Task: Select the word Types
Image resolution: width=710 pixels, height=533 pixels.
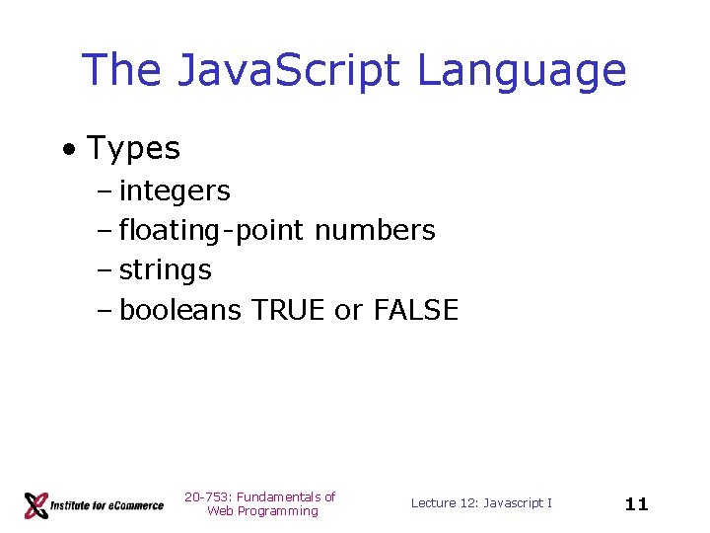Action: coord(134,149)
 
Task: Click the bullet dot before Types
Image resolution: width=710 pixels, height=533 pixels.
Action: coord(68,151)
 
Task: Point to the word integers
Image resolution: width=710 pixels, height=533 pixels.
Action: coord(175,190)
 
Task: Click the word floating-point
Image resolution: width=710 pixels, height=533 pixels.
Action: coord(212,231)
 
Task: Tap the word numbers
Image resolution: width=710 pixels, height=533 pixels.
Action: coord(375,231)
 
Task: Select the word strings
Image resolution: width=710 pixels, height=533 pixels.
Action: coord(166,270)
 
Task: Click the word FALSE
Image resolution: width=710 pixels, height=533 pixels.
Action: coord(416,310)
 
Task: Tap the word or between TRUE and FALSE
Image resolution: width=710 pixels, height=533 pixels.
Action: coord(348,311)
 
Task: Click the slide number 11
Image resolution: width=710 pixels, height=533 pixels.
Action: coord(637,504)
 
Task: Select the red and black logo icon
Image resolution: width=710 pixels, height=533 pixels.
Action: coord(37,504)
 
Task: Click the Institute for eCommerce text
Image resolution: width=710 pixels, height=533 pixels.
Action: coord(108,505)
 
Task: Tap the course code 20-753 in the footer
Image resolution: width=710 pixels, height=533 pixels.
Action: coord(204,496)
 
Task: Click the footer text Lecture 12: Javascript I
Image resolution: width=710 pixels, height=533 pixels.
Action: coord(481,503)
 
